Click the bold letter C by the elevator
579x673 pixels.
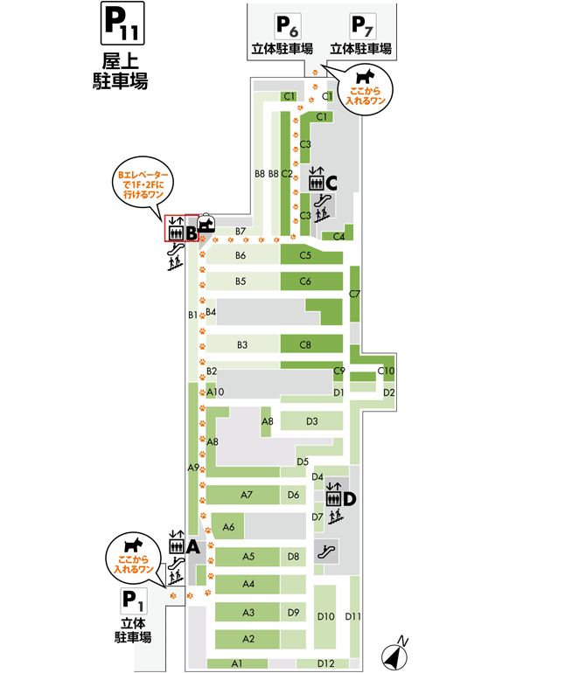tap(332, 183)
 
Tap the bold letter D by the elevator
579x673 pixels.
tap(350, 499)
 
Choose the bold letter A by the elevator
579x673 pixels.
tap(194, 547)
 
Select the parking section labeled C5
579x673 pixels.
tap(306, 256)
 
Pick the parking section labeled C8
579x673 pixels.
tap(306, 344)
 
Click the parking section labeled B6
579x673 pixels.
tap(241, 255)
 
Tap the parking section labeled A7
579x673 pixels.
tap(247, 496)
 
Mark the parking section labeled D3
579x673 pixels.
tap(312, 421)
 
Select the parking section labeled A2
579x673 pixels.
tap(248, 638)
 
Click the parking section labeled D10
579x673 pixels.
tap(325, 616)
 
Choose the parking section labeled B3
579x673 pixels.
tap(243, 344)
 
